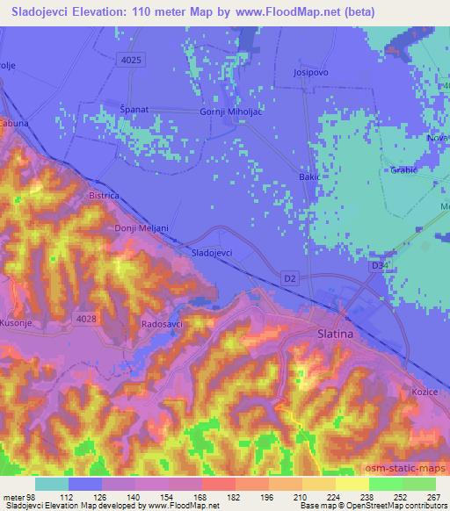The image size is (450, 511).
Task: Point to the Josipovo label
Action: (x=311, y=72)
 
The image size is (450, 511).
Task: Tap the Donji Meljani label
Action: (x=142, y=228)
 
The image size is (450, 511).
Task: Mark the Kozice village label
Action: (x=424, y=391)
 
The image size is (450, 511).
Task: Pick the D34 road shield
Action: (x=380, y=264)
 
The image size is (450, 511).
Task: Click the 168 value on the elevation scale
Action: (x=201, y=498)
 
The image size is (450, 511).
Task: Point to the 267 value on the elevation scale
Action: (x=433, y=498)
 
